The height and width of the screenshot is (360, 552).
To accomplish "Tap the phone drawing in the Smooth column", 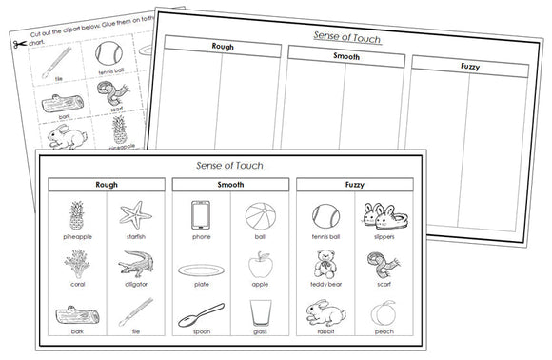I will tap(201, 214).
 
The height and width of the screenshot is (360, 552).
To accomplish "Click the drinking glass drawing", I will tap(259, 313).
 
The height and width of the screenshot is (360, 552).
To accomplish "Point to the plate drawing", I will tap(201, 269).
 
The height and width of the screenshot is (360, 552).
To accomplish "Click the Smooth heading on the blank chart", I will tap(345, 55).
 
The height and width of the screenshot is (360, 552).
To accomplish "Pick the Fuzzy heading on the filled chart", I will tap(354, 184).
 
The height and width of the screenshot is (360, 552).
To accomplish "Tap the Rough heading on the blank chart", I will tap(222, 45).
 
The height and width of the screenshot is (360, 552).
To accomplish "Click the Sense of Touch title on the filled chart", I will tap(229, 165).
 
